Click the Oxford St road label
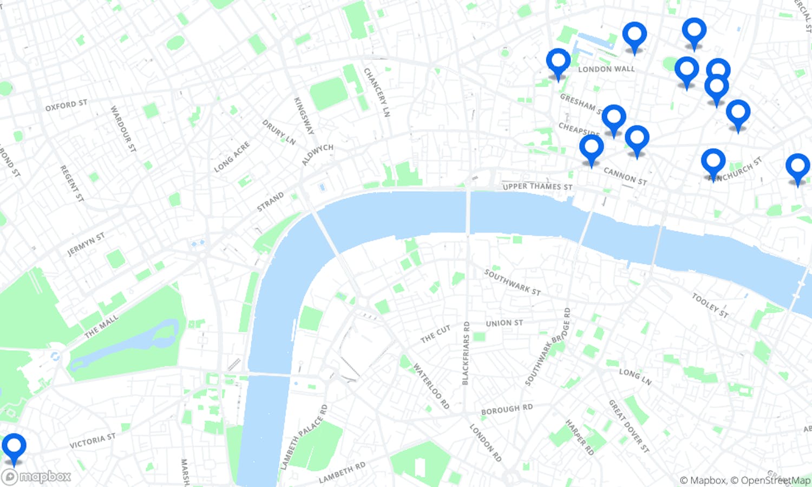tap(66, 105)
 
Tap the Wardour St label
tap(123, 129)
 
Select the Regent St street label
tap(71, 183)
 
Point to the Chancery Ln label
tap(377, 93)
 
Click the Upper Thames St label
tap(537, 187)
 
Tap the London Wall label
tap(606, 69)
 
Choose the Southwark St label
tap(512, 282)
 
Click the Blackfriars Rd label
tap(466, 353)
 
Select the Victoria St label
tap(93, 440)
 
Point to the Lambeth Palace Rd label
tap(304, 437)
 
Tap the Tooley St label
tap(710, 305)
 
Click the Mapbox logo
tap(37, 477)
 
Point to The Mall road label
tap(101, 327)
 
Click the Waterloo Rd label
tap(431, 386)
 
